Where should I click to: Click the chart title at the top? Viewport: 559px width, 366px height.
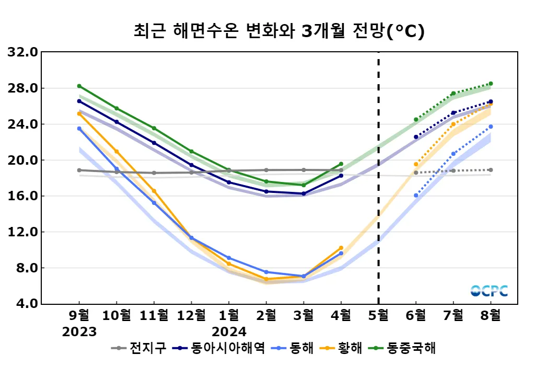279,31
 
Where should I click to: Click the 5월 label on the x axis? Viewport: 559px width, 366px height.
378,316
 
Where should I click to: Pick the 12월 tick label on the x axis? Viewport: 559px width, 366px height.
191,316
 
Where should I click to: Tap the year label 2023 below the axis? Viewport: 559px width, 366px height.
79,332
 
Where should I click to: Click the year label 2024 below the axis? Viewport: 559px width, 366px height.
229,332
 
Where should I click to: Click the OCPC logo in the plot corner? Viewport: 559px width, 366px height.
489,291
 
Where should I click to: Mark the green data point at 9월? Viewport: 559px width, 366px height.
79,86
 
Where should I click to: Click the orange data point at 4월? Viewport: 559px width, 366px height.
341,248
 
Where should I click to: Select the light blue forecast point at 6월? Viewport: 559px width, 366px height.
416,196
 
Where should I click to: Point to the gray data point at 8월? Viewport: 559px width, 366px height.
491,170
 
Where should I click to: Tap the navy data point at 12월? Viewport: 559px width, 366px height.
191,165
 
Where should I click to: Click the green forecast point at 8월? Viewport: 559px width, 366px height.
491,84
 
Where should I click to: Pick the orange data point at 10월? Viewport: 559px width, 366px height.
117,152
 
